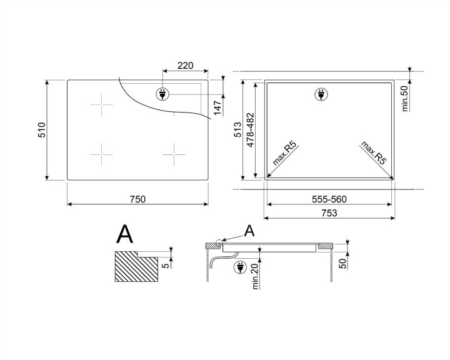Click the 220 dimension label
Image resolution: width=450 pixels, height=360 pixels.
(x=186, y=66)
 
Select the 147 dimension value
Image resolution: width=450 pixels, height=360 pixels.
(x=217, y=107)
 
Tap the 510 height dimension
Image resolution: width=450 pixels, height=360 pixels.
(x=42, y=130)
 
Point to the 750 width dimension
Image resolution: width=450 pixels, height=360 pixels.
(x=137, y=199)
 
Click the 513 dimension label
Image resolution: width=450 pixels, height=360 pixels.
(x=238, y=130)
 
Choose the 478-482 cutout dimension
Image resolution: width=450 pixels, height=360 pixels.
(x=251, y=130)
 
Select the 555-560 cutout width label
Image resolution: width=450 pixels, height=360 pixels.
(x=329, y=199)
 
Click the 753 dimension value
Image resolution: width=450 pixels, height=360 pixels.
(x=329, y=213)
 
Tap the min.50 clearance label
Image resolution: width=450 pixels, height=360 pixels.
(x=405, y=99)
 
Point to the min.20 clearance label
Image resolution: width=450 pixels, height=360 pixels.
(x=256, y=277)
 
